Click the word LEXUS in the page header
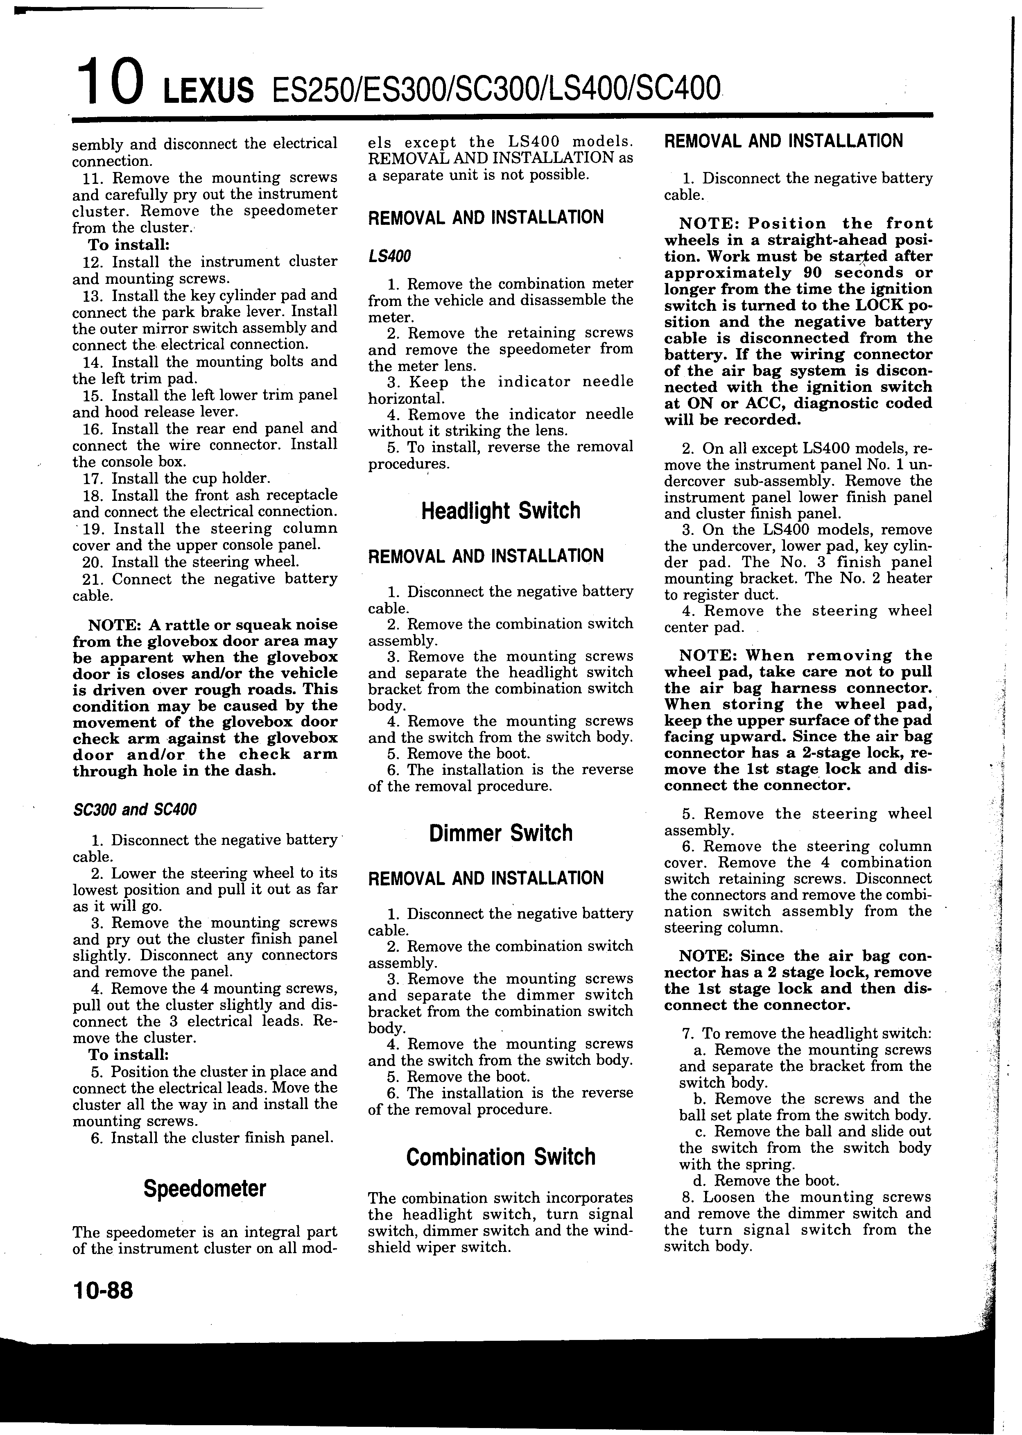[x=208, y=92]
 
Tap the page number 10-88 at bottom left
[x=103, y=1291]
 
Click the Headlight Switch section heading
[x=500, y=510]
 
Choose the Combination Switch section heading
[x=500, y=1157]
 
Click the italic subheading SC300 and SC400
[x=135, y=809]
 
